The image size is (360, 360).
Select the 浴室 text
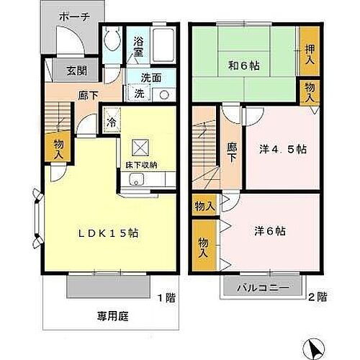click(x=138, y=47)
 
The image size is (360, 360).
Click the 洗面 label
click(x=150, y=78)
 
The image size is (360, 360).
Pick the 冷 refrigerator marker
click(x=113, y=121)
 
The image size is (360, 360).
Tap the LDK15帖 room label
click(x=108, y=233)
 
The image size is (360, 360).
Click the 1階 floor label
click(x=166, y=297)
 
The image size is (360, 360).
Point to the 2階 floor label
click(x=318, y=297)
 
